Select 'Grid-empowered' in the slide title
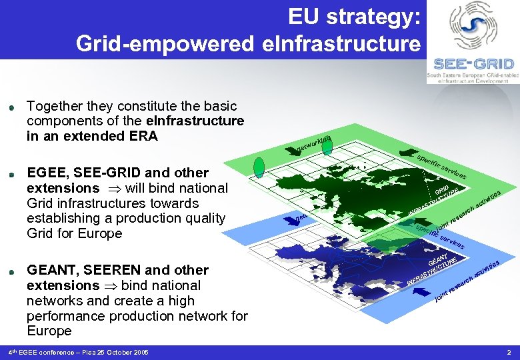tap(165, 44)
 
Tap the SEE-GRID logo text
tap(473, 64)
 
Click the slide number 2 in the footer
tap(509, 352)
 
